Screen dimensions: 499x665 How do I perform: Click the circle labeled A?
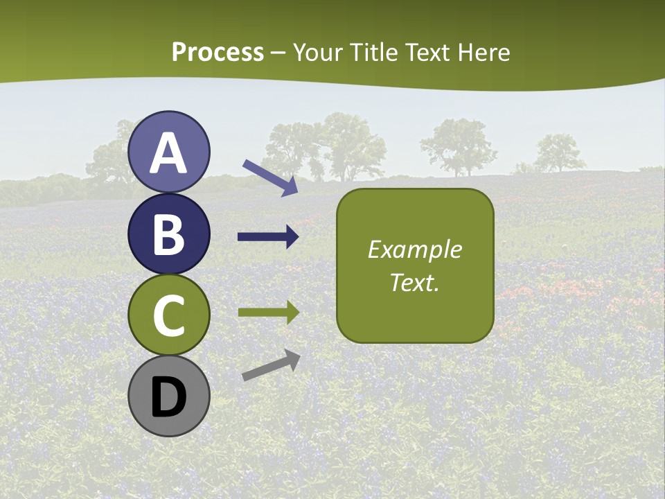169,152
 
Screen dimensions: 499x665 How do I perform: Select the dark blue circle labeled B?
169,234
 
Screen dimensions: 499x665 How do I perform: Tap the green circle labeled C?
169,315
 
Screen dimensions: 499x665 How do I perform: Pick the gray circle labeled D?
169,396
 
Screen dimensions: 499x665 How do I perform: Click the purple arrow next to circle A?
270,177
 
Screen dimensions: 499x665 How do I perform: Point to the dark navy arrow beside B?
268,237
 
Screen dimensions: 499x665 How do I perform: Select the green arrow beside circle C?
268,313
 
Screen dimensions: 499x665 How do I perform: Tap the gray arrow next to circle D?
271,365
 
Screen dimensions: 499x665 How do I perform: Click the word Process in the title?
218,53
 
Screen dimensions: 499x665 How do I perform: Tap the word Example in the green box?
414,249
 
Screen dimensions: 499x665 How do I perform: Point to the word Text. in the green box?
414,282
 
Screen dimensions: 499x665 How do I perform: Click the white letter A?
169,154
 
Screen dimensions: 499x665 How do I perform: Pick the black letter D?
169,397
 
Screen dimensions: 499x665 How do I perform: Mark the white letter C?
169,316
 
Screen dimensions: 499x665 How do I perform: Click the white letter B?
169,235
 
